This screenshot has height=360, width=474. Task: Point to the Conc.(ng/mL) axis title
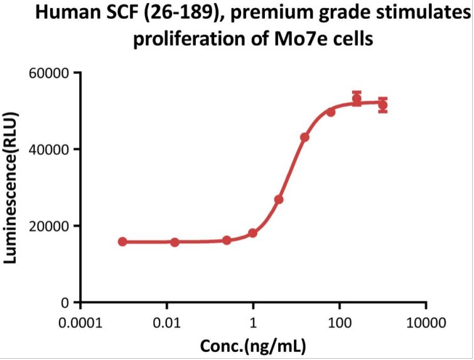(253, 346)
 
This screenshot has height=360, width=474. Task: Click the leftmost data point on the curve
(122, 241)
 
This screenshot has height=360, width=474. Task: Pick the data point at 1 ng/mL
(252, 233)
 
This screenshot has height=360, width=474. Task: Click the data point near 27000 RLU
(279, 199)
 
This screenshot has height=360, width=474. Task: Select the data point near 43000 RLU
(304, 137)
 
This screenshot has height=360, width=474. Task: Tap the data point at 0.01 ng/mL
(175, 242)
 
